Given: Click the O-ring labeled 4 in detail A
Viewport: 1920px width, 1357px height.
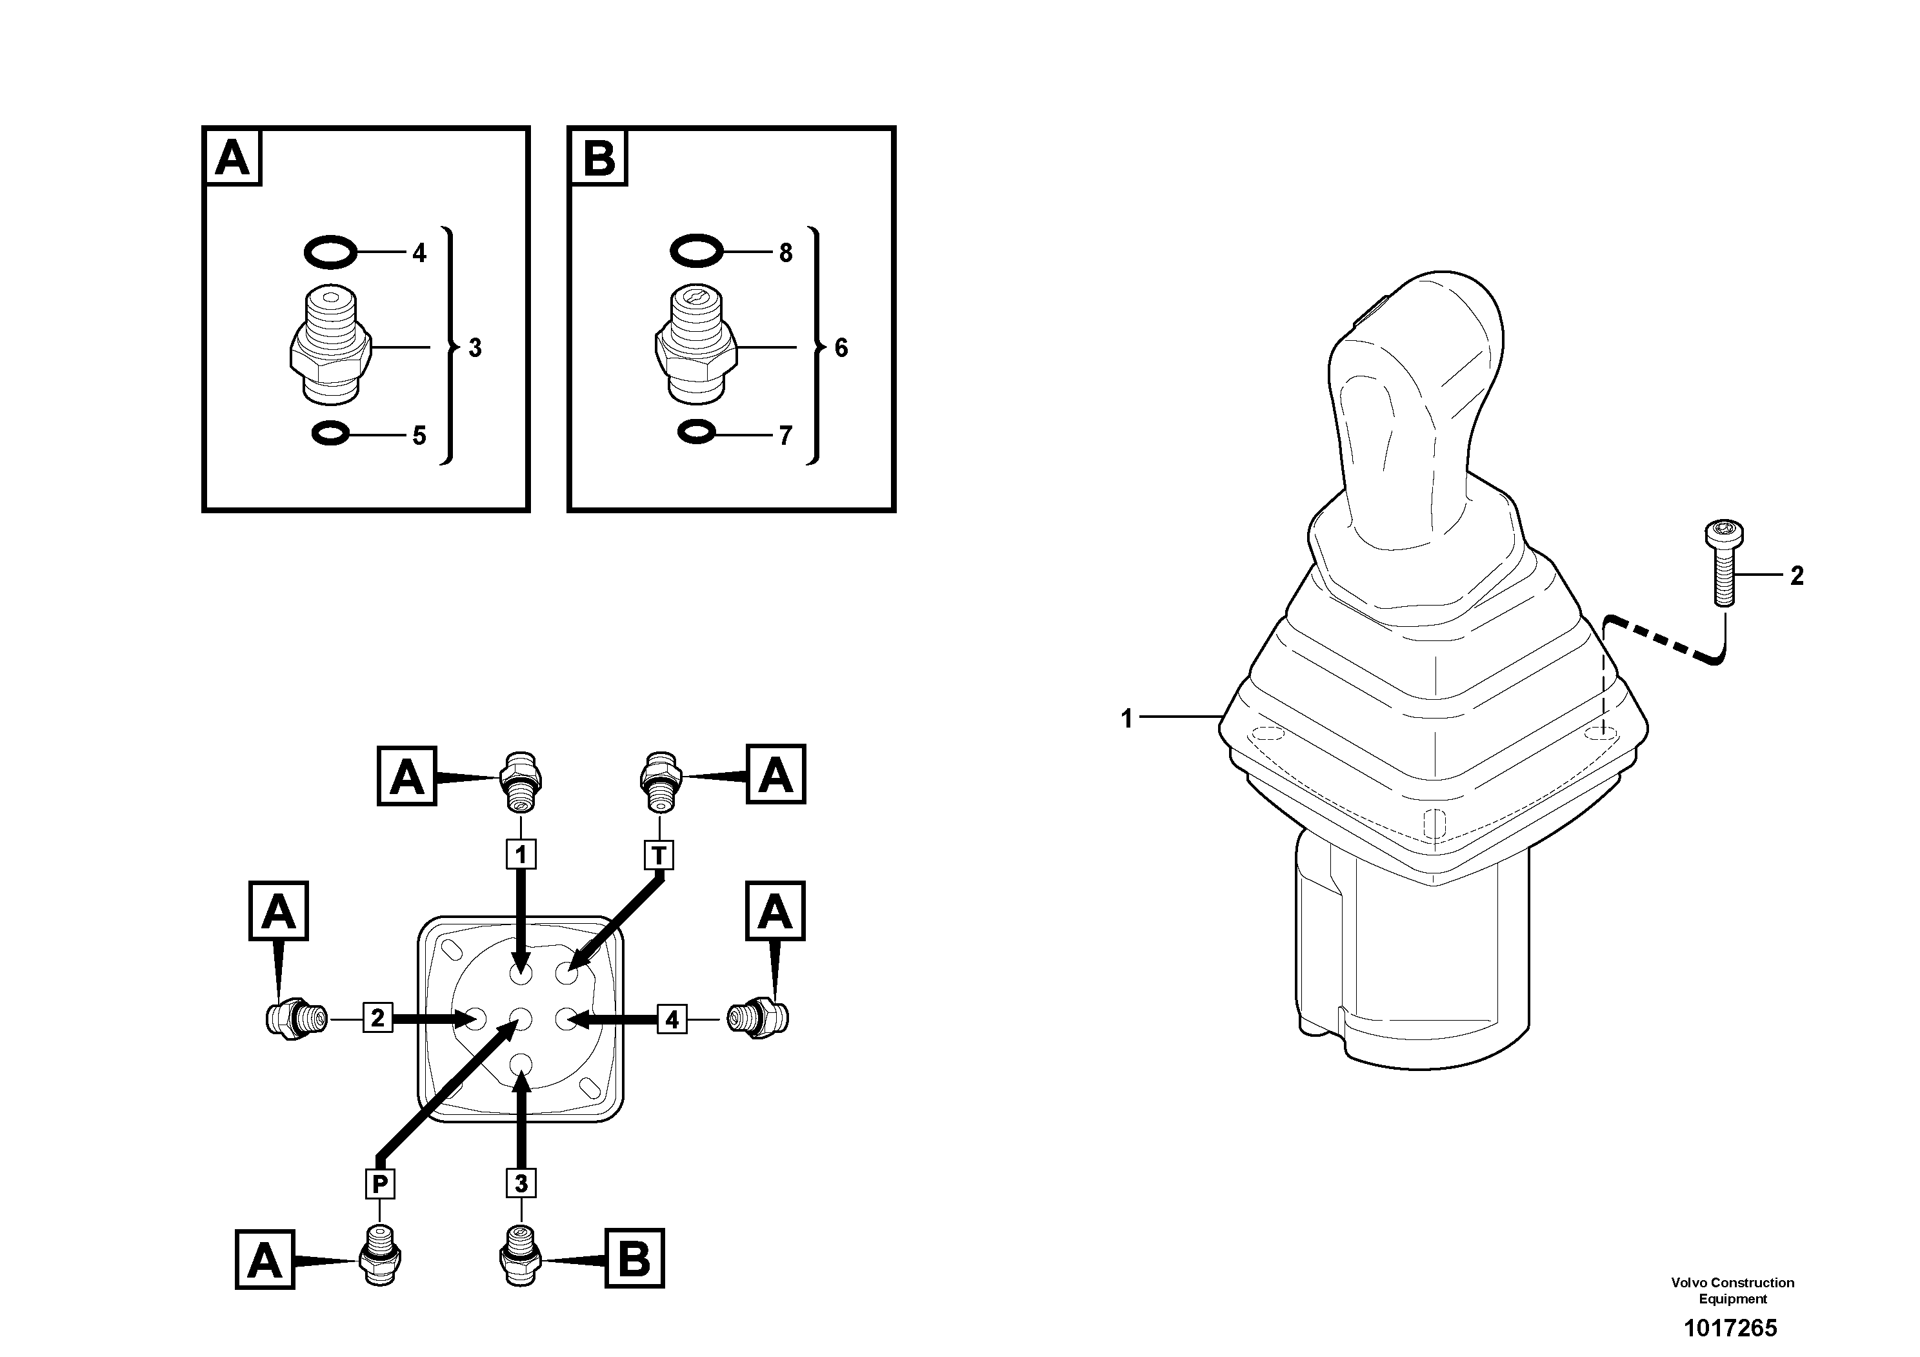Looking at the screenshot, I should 330,252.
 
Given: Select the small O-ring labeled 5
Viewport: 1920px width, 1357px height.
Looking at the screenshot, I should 330,434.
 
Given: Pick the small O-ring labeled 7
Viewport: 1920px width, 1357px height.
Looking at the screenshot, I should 695,433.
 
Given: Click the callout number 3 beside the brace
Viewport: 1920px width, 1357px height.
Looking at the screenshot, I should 475,348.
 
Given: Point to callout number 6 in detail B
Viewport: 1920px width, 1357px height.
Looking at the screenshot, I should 841,348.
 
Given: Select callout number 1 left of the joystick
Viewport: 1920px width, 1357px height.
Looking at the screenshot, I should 1126,718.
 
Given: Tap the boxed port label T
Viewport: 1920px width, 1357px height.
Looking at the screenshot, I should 659,855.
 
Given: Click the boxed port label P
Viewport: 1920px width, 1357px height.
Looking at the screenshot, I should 379,1184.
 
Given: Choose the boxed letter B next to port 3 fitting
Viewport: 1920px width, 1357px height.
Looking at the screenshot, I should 633,1258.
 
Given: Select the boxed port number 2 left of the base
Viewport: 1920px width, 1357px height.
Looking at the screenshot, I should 377,1018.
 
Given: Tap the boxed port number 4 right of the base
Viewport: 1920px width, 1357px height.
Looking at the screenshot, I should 672,1019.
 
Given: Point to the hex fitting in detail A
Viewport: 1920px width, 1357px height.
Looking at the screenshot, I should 330,345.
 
